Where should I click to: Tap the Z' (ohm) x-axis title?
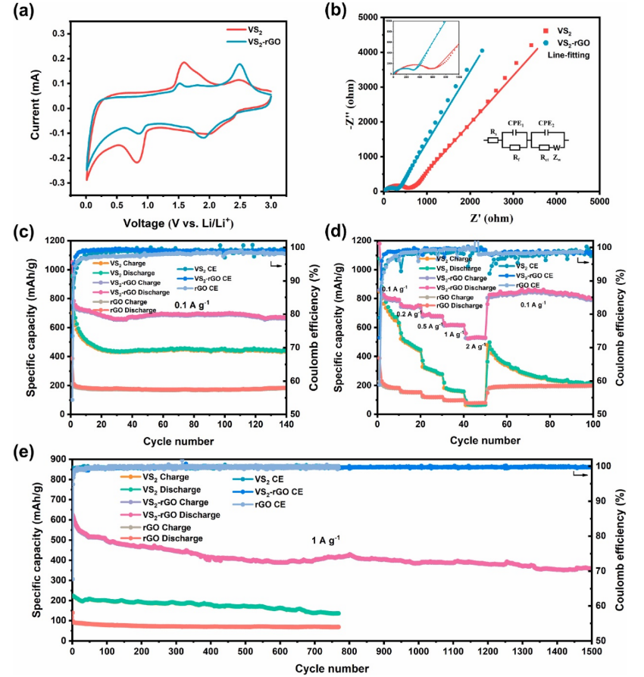click(x=490, y=220)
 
